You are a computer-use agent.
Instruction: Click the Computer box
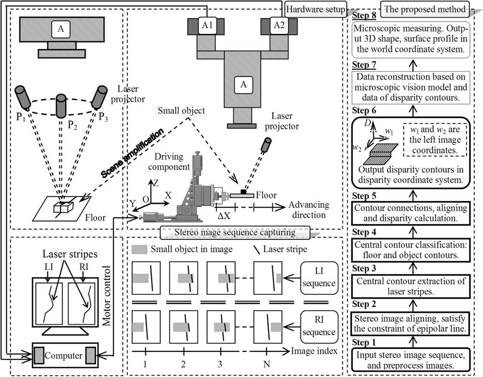point(64,355)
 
